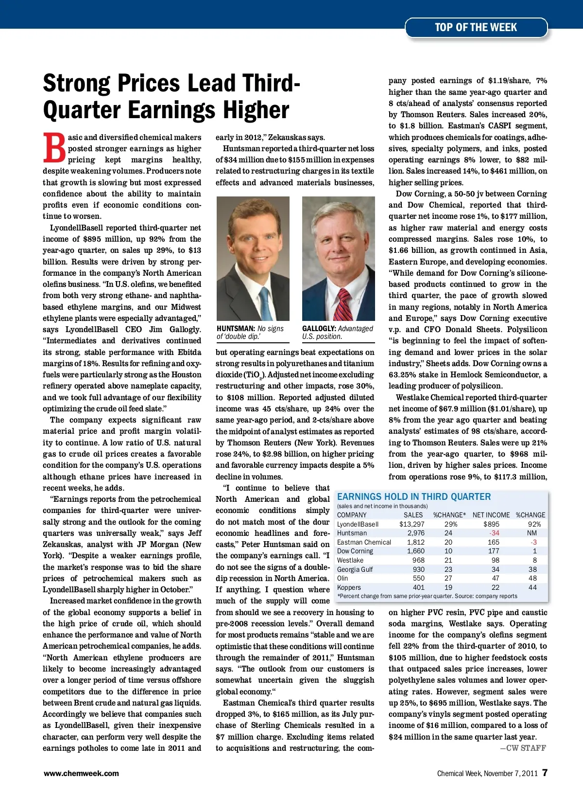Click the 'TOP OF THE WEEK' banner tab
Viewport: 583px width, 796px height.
point(476,28)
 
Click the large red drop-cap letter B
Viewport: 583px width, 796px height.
point(54,148)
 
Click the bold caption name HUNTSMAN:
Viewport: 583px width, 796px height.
point(236,329)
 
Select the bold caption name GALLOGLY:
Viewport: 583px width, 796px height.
point(319,329)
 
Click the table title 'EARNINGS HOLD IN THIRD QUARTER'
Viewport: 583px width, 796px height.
point(414,496)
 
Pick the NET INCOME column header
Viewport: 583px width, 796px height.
point(491,515)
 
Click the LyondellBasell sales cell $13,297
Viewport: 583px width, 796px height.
point(412,524)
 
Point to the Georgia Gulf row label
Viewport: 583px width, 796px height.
point(355,569)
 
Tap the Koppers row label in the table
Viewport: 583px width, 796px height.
point(349,587)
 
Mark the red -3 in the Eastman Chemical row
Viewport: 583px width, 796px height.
point(533,542)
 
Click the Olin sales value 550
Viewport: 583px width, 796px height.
point(418,578)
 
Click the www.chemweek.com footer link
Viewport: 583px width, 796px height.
point(81,773)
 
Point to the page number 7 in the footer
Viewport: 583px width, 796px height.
point(545,773)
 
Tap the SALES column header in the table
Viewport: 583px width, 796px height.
point(413,515)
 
